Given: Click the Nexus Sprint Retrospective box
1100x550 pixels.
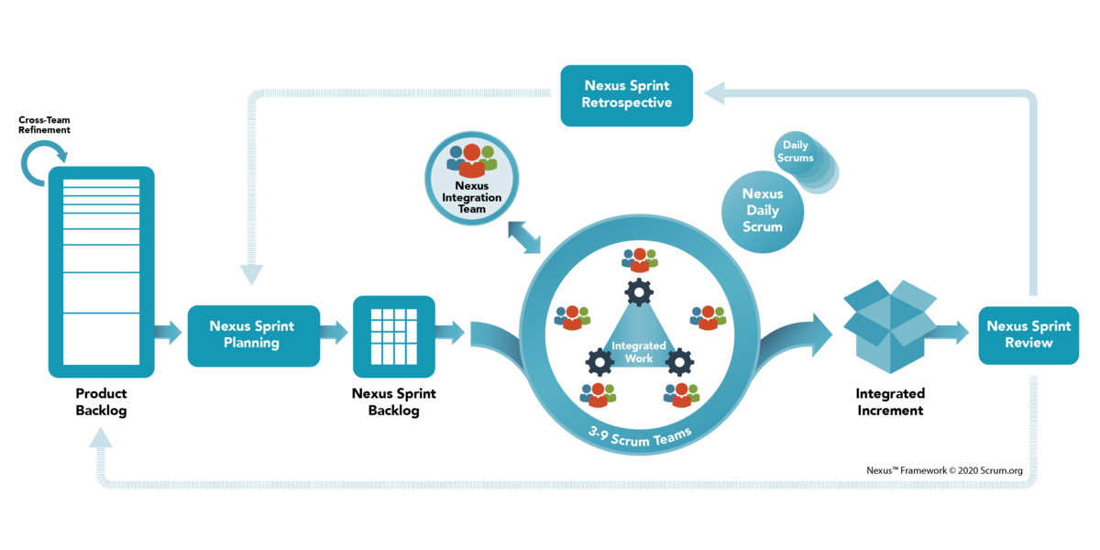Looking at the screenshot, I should (627, 94).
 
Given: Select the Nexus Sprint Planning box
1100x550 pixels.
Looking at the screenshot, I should (254, 335).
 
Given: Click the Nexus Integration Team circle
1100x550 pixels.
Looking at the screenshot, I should (472, 177).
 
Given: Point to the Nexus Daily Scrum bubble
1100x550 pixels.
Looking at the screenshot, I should (762, 210).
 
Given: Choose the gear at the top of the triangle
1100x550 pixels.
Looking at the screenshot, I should (638, 291).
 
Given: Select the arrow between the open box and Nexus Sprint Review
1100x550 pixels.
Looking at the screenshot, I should (952, 332).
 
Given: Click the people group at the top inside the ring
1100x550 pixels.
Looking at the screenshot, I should (639, 259).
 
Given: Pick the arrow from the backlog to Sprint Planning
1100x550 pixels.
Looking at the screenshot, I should (170, 332).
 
